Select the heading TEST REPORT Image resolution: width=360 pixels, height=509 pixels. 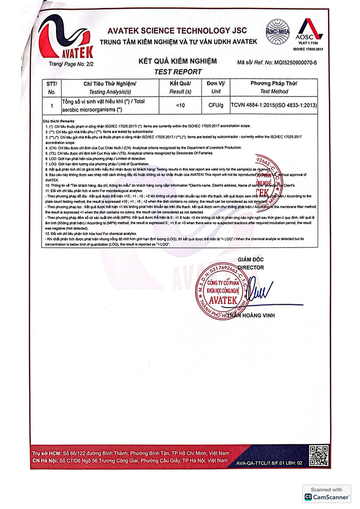[x=178, y=71]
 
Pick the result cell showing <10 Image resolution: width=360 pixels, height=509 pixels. [x=180, y=105]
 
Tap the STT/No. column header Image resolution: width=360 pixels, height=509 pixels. [x=52, y=88]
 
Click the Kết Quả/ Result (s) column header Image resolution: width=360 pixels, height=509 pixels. [x=180, y=88]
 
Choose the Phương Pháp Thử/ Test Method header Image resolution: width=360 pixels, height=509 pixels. [x=274, y=88]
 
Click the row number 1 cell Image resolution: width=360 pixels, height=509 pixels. [x=52, y=105]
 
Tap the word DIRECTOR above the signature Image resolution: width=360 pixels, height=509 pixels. [x=251, y=267]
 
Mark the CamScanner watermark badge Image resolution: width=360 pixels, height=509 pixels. [x=326, y=494]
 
